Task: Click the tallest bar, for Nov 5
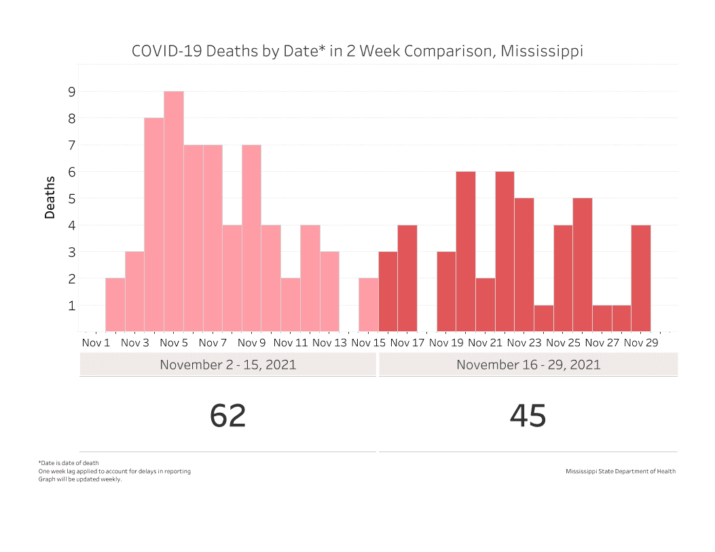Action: point(174,211)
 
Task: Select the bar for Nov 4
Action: point(154,224)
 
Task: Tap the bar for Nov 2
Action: point(115,305)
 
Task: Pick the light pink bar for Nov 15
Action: point(369,305)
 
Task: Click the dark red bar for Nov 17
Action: point(407,278)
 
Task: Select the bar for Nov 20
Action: point(466,251)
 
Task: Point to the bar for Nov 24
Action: point(544,318)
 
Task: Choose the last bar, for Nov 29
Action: point(641,278)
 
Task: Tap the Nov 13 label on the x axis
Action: point(329,343)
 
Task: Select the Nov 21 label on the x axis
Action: point(485,343)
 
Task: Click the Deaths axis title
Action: point(50,198)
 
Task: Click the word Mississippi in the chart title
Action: point(542,52)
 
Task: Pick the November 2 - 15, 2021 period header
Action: point(228,365)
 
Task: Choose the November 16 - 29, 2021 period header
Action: point(528,365)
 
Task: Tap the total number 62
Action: point(228,416)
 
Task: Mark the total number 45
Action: point(528,416)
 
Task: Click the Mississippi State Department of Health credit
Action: point(621,471)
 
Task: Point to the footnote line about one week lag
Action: point(115,471)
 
